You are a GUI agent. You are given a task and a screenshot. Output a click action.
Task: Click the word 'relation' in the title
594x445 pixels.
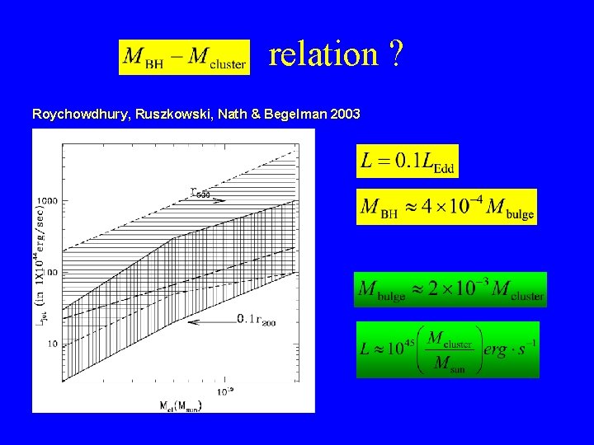[324, 55]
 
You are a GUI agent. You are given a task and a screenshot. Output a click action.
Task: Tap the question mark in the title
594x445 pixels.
[397, 55]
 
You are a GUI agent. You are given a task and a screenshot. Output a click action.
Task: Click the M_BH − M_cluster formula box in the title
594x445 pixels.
[184, 57]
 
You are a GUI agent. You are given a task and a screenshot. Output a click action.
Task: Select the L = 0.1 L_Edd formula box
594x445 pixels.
[408, 161]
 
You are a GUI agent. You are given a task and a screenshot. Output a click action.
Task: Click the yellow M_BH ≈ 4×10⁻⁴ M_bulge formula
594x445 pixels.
[446, 207]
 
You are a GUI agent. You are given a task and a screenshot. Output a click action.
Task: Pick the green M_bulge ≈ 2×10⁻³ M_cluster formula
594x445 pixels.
[450, 290]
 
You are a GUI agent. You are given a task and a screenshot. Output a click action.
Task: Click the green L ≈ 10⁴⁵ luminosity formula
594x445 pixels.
[448, 349]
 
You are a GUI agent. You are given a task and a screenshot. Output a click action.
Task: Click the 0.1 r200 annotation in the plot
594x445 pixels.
[258, 320]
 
